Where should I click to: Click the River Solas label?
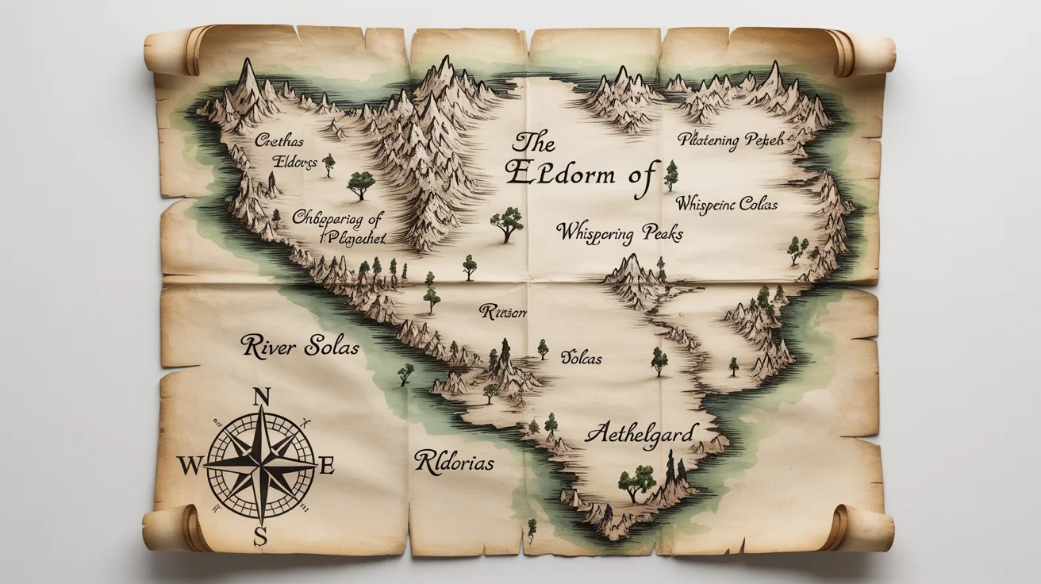click(x=300, y=347)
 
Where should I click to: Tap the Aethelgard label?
click(x=641, y=434)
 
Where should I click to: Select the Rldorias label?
click(x=454, y=462)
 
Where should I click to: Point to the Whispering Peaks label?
click(x=619, y=233)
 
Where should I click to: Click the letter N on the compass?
click(x=261, y=397)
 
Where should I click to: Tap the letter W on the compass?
click(x=189, y=466)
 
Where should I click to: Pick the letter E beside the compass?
click(x=325, y=466)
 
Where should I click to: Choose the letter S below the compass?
click(x=260, y=537)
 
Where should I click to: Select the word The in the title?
click(x=533, y=144)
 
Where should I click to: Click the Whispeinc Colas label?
click(x=727, y=204)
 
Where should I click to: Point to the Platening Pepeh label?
click(x=731, y=140)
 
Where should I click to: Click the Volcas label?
click(x=582, y=358)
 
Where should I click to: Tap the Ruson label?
click(x=503, y=312)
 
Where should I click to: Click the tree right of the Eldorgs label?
click(x=328, y=163)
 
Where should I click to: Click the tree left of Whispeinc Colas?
click(x=671, y=174)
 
